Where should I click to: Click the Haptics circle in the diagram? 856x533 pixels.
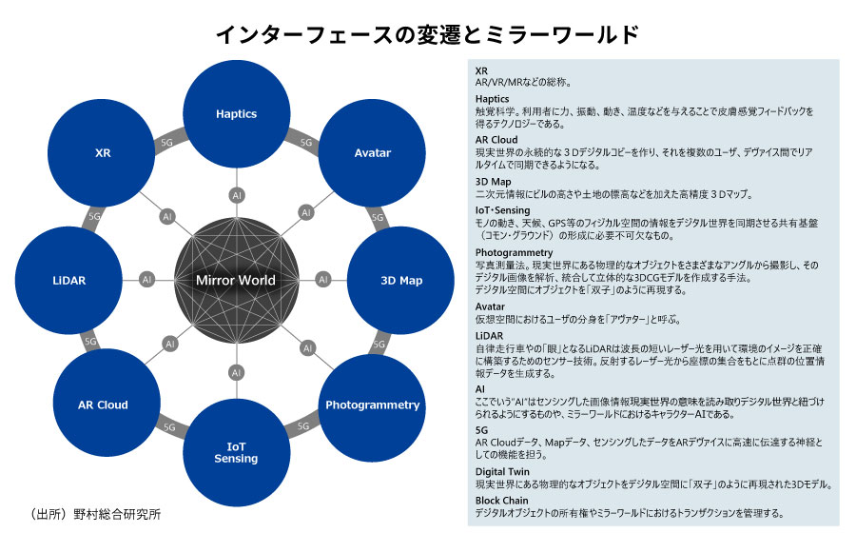click(x=236, y=114)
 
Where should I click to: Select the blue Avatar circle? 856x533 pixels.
click(x=372, y=153)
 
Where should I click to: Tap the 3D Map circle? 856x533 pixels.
click(x=400, y=280)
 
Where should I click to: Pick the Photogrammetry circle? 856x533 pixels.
click(x=372, y=405)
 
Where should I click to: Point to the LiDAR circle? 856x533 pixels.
click(x=72, y=280)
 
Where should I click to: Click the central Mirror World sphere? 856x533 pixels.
click(x=236, y=280)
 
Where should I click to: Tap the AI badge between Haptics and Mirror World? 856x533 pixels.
click(x=236, y=195)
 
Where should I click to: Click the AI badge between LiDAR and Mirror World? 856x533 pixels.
click(x=147, y=280)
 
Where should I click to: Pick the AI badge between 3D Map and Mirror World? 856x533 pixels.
click(x=323, y=280)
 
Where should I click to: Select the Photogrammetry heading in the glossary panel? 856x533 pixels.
click(x=513, y=252)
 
